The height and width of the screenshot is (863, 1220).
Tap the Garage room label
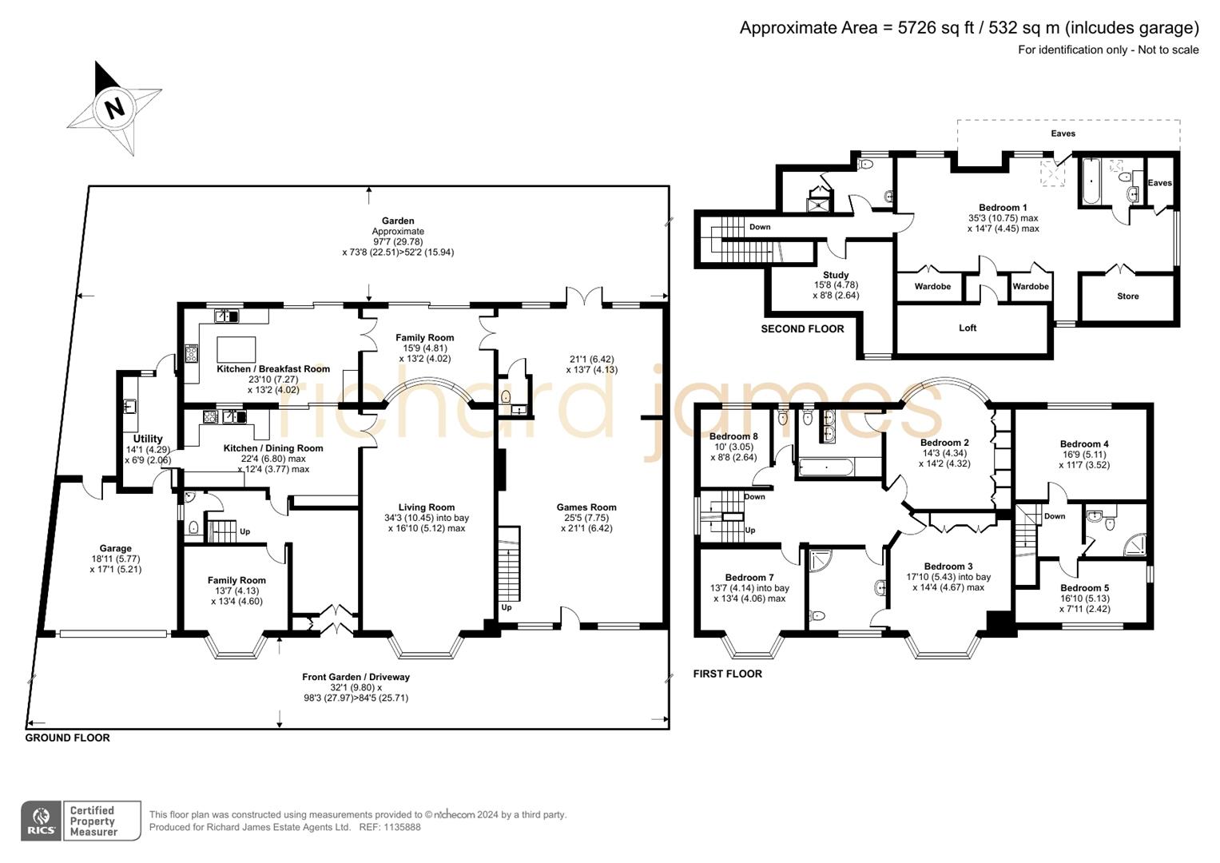116,549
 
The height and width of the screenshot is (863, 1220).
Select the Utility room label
148,439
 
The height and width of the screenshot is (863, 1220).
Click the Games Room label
586,507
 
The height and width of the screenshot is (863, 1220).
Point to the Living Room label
427,507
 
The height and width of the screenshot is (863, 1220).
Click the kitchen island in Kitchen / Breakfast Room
236,350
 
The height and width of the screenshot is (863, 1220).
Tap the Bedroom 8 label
733,436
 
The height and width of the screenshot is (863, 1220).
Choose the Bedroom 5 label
1084,588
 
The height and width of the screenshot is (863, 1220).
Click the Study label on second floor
836,275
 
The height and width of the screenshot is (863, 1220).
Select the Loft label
968,328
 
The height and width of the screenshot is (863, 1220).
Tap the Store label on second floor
1127,296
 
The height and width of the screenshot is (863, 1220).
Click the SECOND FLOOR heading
802,329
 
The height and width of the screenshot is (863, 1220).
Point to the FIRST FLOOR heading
727,674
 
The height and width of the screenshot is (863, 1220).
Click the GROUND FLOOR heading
67,738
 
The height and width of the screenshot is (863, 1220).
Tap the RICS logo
41,821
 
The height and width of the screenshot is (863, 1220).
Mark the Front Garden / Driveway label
356,677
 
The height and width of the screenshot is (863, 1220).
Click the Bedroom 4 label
1084,444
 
